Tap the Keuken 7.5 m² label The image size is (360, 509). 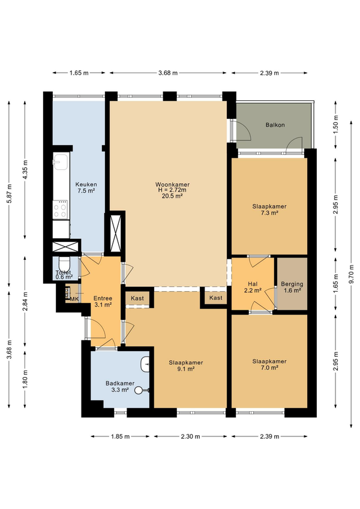click(x=86, y=188)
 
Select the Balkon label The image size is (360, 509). click(x=275, y=125)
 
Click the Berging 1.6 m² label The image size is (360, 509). click(x=292, y=288)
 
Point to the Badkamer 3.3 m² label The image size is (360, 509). click(x=120, y=387)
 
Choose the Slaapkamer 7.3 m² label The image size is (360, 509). click(x=269, y=209)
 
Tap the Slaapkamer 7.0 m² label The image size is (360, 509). click(x=269, y=364)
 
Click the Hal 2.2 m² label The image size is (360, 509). click(x=253, y=288)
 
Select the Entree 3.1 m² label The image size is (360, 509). click(x=103, y=301)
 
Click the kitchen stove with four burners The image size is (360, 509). click(x=61, y=209)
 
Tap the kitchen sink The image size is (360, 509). click(x=61, y=161)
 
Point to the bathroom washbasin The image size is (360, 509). click(x=145, y=364)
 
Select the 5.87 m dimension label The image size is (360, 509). click(x=10, y=194)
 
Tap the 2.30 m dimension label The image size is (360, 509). click(x=191, y=436)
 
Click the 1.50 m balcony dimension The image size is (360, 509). click(x=336, y=123)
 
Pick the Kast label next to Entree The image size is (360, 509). click(x=137, y=298)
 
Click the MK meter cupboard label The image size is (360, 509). click(x=74, y=300)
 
